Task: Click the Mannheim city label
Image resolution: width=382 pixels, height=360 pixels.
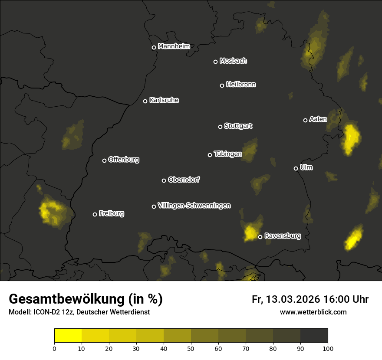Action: tap(174, 46)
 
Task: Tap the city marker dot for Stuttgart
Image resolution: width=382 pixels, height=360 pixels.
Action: tap(220, 127)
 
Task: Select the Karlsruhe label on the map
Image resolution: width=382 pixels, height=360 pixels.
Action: tap(164, 100)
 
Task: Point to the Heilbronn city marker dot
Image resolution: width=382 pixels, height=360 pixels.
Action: tap(222, 85)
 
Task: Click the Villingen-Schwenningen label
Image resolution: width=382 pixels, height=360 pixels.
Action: tap(194, 206)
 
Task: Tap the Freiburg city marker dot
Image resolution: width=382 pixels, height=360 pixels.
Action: tap(95, 214)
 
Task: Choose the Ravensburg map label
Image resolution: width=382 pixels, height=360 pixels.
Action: tap(283, 236)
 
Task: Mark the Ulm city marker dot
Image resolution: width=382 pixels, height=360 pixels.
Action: tap(296, 168)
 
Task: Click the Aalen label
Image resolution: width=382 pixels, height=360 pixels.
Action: tap(318, 119)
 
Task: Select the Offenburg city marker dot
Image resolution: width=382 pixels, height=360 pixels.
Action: tap(104, 160)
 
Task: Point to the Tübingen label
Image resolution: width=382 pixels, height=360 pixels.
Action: tap(228, 154)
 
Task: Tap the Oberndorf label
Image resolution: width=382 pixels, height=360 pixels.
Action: tap(184, 180)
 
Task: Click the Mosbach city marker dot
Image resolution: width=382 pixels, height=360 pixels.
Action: tap(215, 62)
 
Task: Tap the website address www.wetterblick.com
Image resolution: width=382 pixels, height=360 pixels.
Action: tap(313, 312)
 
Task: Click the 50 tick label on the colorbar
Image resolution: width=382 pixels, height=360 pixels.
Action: tap(191, 348)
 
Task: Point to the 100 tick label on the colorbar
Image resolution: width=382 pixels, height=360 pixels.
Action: tap(328, 348)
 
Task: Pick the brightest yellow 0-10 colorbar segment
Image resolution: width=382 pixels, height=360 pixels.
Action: tap(68, 336)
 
